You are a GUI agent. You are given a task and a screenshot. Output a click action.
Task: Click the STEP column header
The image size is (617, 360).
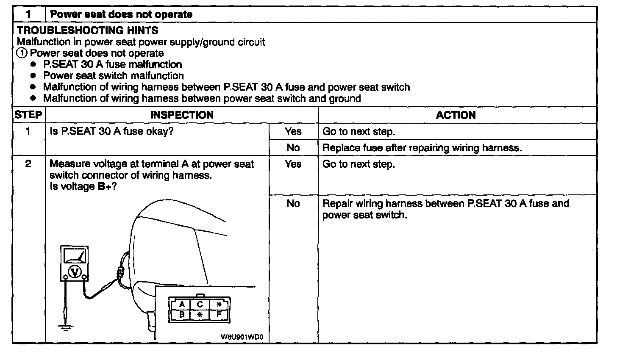tap(28, 115)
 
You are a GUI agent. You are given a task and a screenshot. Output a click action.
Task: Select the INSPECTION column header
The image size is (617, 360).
tap(182, 115)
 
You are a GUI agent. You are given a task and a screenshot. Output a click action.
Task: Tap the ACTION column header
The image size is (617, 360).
tap(456, 115)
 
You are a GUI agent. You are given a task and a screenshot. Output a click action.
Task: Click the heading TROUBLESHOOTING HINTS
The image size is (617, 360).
tap(88, 30)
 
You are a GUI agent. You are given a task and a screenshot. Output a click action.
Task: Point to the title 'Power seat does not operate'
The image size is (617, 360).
tap(121, 14)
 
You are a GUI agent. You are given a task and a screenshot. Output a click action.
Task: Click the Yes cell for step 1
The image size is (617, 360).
tap(293, 131)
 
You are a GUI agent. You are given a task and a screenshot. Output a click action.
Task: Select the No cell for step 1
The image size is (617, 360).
tap(293, 147)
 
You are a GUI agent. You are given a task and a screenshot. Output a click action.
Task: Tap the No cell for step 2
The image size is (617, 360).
tap(293, 203)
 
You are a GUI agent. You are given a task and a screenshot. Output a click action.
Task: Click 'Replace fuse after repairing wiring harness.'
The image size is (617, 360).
tap(422, 148)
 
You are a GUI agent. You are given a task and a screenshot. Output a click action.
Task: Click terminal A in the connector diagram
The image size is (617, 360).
tap(182, 305)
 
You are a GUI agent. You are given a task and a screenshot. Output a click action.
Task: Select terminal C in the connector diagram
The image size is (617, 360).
tap(200, 305)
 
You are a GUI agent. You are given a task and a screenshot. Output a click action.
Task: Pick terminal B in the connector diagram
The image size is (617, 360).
tap(182, 315)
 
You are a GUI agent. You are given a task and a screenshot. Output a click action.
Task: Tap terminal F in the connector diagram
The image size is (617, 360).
tap(219, 315)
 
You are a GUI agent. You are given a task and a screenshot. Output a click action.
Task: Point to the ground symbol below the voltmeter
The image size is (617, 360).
tap(65, 327)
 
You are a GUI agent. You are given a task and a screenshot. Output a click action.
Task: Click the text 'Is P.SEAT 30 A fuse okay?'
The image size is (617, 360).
tap(112, 131)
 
